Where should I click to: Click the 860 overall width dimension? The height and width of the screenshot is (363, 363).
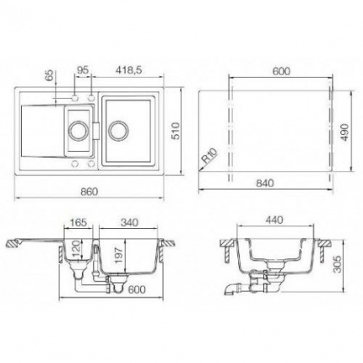coord(89,192)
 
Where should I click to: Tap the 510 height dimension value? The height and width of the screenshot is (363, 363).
coord(176,131)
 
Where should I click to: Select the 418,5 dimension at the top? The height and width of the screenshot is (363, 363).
coord(128,70)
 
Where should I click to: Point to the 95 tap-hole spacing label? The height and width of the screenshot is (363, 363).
coord(83,70)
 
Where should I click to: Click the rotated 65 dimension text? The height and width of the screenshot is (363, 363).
coord(49,76)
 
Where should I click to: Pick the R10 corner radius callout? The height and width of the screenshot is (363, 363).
coord(210,156)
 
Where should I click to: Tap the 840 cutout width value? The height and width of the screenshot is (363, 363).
coord(265,183)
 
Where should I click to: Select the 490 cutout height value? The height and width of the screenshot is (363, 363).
coord(345,132)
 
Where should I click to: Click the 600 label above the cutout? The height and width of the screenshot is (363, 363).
coord(281,71)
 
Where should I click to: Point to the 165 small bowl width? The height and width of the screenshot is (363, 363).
coord(78,222)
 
